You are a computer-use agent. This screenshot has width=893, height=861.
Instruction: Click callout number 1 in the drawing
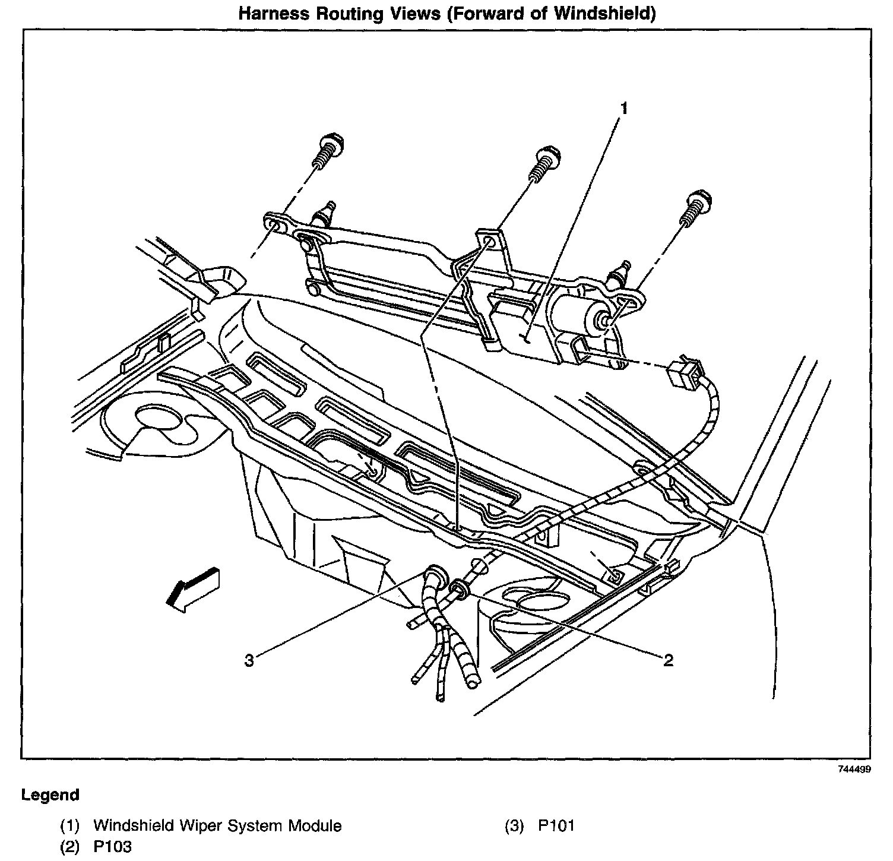tap(623, 108)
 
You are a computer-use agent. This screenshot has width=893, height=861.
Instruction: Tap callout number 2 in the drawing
tap(669, 660)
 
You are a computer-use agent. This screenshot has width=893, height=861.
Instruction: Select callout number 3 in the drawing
tap(249, 660)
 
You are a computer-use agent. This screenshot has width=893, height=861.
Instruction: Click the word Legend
tap(50, 795)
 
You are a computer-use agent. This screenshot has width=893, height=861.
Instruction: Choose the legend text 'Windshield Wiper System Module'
tap(217, 825)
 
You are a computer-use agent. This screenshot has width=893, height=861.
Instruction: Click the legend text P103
tap(112, 847)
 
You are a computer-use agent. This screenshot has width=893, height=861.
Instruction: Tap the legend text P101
tap(556, 825)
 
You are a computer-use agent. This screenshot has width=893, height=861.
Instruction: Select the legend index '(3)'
tap(514, 825)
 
